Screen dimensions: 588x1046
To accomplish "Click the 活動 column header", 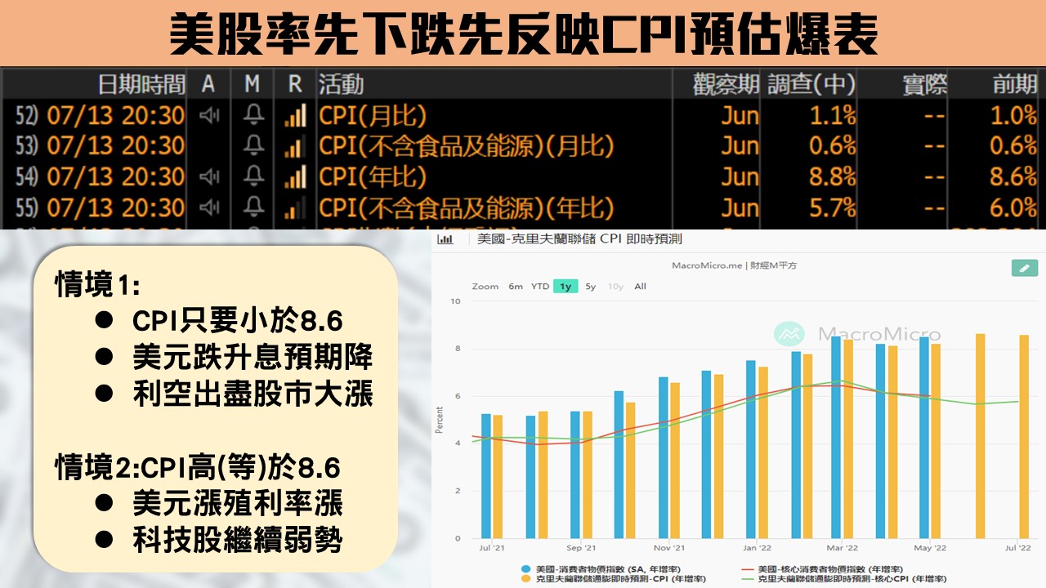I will pyautogui.click(x=341, y=84).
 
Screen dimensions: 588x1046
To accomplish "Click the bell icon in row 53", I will pyautogui.click(x=254, y=146).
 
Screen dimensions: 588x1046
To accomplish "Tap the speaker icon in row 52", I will pyautogui.click(x=209, y=115).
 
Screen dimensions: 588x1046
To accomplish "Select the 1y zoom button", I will pyautogui.click(x=565, y=287).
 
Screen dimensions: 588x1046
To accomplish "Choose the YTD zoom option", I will pyautogui.click(x=540, y=287).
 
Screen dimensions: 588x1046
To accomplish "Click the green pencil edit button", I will pyautogui.click(x=1024, y=268).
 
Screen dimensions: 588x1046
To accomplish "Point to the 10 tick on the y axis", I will pyautogui.click(x=456, y=301).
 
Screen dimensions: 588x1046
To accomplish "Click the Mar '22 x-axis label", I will pyautogui.click(x=842, y=548).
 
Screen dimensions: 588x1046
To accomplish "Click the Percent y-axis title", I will pyautogui.click(x=440, y=420).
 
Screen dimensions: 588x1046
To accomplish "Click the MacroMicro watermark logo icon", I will pyautogui.click(x=789, y=334).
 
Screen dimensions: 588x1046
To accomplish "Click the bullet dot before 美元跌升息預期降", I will pyautogui.click(x=103, y=357).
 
